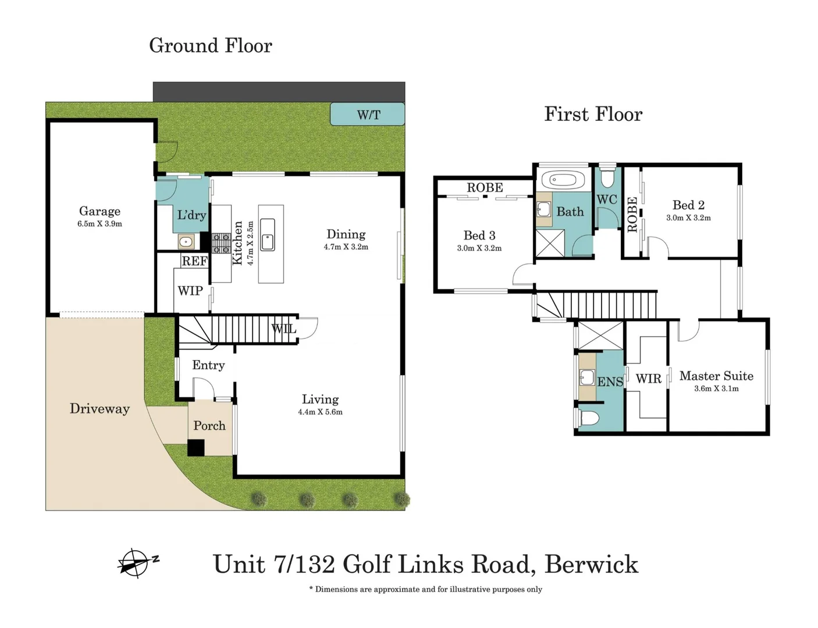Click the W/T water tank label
click(368, 115)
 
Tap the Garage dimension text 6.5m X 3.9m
click(99, 224)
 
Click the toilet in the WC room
click(607, 177)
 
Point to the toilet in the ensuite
click(588, 418)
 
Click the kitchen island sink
click(267, 235)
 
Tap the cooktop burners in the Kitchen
click(221, 243)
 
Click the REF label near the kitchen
click(195, 261)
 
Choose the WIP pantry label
click(190, 291)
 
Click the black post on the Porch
click(195, 448)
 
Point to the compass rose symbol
click(136, 563)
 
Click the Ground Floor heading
click(211, 45)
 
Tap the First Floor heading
click(593, 114)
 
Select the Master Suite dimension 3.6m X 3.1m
click(716, 388)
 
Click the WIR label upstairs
click(649, 379)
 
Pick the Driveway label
click(99, 409)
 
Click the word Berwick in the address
click(591, 565)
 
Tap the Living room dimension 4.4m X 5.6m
click(321, 412)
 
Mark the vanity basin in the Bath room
click(543, 209)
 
